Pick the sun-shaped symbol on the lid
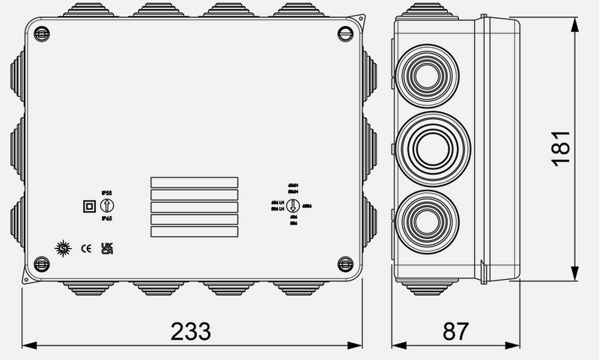coord(64,248)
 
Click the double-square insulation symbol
coord(87,205)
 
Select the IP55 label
coord(106,192)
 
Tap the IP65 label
coord(106,218)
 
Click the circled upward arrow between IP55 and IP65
coord(106,205)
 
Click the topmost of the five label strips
coord(194,182)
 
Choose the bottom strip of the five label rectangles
coord(194,232)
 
